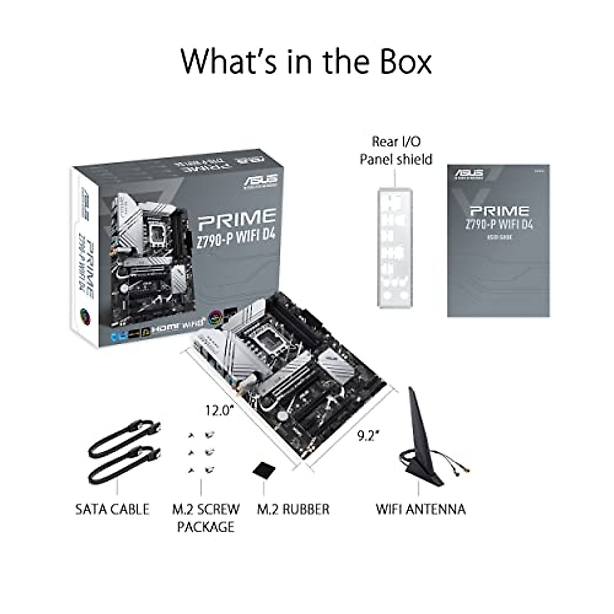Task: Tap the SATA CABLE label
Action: (112, 509)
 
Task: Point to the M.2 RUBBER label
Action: (293, 509)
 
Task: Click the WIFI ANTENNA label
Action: (421, 509)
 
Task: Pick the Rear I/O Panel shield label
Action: (396, 150)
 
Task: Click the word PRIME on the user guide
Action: (499, 211)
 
